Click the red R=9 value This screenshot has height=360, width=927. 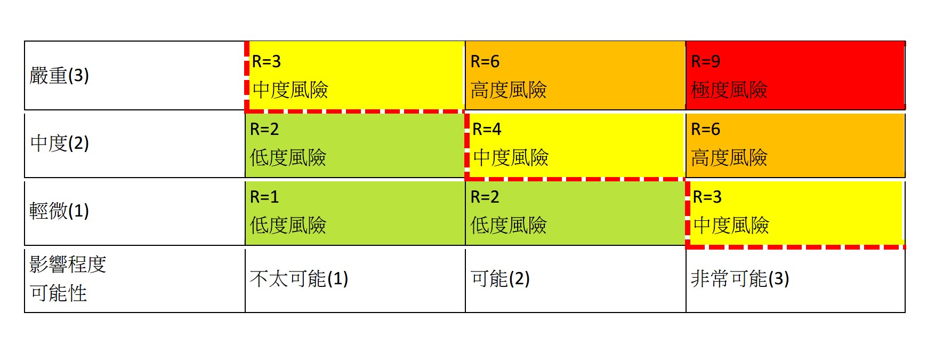(x=705, y=62)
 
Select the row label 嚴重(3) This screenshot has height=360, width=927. (x=59, y=76)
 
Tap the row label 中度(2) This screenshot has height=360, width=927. (x=59, y=143)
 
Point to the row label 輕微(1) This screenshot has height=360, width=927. (x=59, y=211)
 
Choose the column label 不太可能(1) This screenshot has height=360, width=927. (x=299, y=279)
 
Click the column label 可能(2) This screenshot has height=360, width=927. (x=500, y=279)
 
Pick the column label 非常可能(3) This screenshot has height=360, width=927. (x=739, y=279)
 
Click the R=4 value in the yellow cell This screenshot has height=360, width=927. (x=487, y=130)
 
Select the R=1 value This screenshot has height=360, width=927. (x=264, y=197)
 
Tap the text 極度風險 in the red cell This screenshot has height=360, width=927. (x=729, y=90)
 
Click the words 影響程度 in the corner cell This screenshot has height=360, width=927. (x=68, y=265)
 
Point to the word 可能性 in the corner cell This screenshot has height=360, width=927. (x=58, y=293)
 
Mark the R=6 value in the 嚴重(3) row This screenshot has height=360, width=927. (x=485, y=62)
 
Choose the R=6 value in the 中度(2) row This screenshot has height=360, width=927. (x=705, y=130)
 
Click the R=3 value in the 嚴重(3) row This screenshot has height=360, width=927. (x=266, y=62)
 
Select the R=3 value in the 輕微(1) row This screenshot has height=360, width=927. (x=707, y=197)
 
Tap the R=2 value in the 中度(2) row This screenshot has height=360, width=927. (x=264, y=130)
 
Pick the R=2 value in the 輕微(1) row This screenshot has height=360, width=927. (x=485, y=197)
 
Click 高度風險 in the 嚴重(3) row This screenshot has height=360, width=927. (x=508, y=90)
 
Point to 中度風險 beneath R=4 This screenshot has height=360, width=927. (x=511, y=158)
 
